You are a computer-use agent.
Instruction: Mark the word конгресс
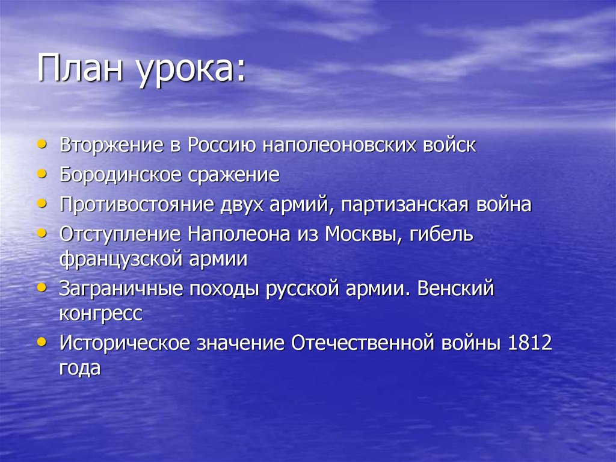tap(101, 313)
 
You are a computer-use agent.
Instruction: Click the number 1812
tap(530, 343)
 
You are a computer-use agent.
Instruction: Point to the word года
tap(79, 367)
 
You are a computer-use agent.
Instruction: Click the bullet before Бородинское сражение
tap(41, 172)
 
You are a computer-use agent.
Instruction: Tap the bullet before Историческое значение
tap(41, 341)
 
